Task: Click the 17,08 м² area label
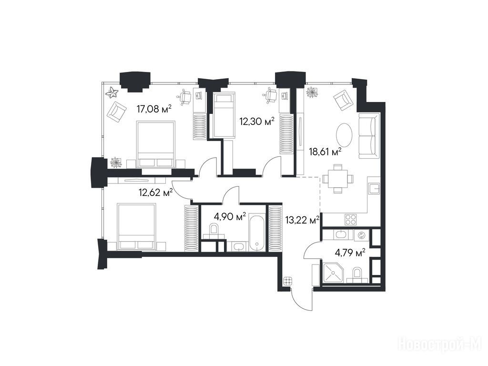pos(154,109)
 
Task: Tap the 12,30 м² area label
pos(257,121)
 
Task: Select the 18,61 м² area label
pos(325,152)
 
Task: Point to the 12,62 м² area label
pos(156,193)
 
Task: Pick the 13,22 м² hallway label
pos(302,220)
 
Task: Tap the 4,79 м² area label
pos(350,253)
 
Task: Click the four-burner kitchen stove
pos(351,219)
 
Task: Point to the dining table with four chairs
pos(338,179)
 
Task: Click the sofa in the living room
pos(369,136)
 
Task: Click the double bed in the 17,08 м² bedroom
pos(156,145)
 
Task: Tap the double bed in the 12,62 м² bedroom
pos(136,226)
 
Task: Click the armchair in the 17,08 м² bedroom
pos(117,112)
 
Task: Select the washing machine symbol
pos(362,235)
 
